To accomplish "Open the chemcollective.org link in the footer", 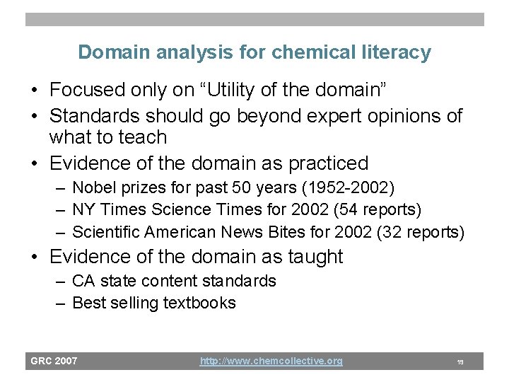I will (x=271, y=361).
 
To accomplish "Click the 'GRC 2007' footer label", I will (x=54, y=361).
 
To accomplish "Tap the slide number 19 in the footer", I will (x=460, y=361).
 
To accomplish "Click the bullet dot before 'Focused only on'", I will (x=34, y=91).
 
